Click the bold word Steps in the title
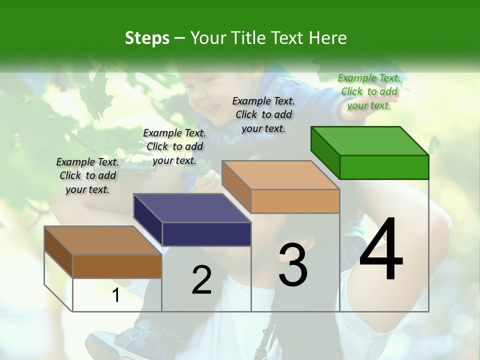click(x=146, y=38)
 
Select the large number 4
click(x=381, y=250)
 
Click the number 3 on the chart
click(x=293, y=265)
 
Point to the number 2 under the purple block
click(x=201, y=280)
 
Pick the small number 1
click(x=116, y=295)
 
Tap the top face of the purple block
click(x=192, y=208)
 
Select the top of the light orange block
click(x=280, y=175)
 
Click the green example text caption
click(x=369, y=91)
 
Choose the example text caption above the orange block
click(x=263, y=114)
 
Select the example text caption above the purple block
click(x=174, y=146)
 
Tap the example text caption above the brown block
click(x=87, y=175)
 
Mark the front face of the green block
click(x=384, y=167)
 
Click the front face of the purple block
click(x=206, y=234)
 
